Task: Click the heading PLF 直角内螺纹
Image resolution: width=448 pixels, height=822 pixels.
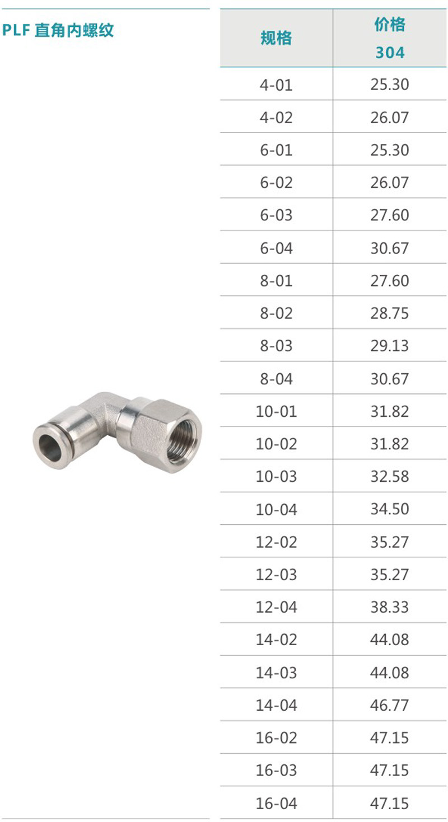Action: [58, 30]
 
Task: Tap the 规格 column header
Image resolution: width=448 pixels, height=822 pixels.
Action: [276, 38]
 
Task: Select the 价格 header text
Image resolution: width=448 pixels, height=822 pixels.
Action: [390, 25]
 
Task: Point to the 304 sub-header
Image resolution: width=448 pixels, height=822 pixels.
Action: [390, 53]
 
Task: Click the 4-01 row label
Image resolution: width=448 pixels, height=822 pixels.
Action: [276, 85]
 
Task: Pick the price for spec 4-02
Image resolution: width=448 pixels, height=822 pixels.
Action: [390, 118]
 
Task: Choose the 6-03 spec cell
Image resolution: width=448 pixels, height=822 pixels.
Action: [276, 215]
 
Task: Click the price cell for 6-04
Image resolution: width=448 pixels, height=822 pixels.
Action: [390, 248]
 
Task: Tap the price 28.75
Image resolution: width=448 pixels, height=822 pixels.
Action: [390, 313]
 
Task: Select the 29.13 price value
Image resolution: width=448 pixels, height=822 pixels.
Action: [390, 346]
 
